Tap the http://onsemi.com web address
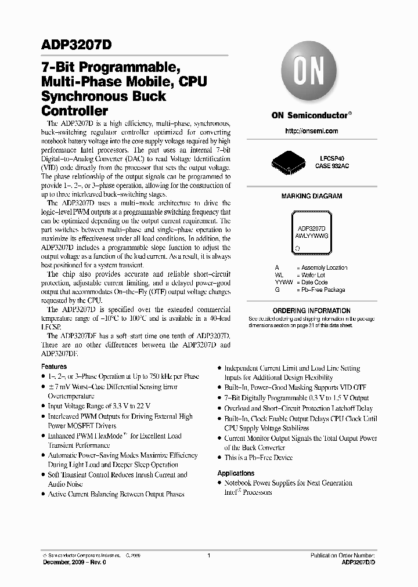(311, 131)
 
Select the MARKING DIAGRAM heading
(311, 197)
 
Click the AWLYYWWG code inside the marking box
(311, 237)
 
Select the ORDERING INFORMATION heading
(311, 311)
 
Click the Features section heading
(54, 367)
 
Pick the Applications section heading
(236, 473)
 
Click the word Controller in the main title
(75, 110)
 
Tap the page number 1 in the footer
(208, 556)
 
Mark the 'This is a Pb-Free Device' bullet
(258, 458)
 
